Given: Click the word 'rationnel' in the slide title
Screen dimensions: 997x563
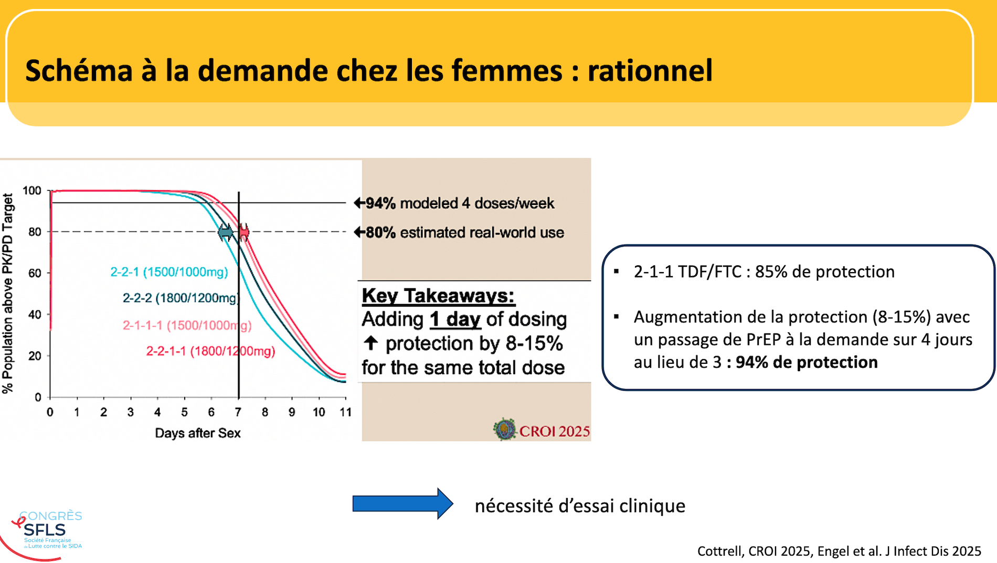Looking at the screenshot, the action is click(x=650, y=71).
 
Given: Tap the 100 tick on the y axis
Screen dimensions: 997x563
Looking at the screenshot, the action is click(x=32, y=191).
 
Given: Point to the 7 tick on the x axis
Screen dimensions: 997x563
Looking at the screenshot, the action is click(x=238, y=412).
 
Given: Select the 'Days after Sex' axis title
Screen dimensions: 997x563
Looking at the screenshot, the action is click(x=198, y=433).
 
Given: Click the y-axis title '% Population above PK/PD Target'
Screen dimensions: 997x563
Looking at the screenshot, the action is click(x=8, y=294).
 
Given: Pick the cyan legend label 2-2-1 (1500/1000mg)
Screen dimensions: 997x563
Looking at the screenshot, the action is click(x=169, y=272).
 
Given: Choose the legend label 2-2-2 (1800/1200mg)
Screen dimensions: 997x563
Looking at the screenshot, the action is click(x=181, y=298).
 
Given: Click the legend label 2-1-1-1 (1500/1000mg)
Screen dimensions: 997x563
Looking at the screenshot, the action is click(x=187, y=326).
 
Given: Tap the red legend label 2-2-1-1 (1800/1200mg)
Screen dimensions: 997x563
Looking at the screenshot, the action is click(x=210, y=351).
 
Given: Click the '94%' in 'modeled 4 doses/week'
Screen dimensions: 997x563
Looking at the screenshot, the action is click(x=380, y=203).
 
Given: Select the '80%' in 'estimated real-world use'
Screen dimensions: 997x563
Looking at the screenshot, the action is click(x=380, y=233).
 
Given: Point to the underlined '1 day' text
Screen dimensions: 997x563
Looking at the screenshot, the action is click(x=455, y=319).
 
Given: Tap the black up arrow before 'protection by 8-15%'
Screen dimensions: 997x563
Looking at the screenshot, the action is click(x=370, y=343).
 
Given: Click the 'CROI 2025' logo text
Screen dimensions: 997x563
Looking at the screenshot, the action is click(x=555, y=431).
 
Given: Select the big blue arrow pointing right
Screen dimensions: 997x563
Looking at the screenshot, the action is click(x=402, y=504).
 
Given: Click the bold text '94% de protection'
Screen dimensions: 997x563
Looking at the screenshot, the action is click(x=807, y=362).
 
